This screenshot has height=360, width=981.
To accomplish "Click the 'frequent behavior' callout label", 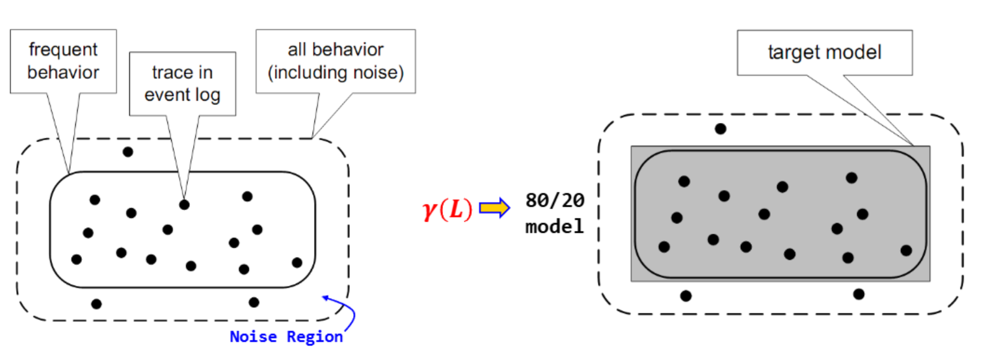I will click(63, 61).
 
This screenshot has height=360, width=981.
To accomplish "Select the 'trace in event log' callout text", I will click(182, 83).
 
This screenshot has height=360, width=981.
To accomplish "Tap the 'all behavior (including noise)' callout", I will click(336, 61).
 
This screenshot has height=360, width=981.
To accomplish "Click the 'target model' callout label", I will click(825, 52).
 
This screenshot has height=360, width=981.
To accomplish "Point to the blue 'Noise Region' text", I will click(286, 336).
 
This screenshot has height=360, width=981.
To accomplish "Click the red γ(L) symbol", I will click(447, 209).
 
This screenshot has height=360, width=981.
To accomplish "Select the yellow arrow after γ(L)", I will click(495, 208).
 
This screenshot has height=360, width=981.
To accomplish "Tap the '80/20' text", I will click(555, 200).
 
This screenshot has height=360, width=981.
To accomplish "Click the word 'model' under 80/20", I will click(555, 226).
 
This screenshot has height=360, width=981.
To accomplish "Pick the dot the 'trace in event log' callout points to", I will click(184, 204).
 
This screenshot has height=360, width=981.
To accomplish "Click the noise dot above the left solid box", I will click(128, 151).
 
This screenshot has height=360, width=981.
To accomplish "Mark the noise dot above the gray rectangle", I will click(720, 128).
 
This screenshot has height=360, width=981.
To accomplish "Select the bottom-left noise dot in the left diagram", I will click(96, 304).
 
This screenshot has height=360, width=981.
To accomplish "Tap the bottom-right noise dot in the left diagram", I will click(254, 302).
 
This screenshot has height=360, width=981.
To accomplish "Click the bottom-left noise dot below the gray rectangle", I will click(686, 295).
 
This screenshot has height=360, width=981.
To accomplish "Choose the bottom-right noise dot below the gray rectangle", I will click(859, 294).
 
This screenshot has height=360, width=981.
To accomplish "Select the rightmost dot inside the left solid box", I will click(297, 263).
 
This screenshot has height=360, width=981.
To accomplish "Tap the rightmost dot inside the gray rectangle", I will click(906, 250).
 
